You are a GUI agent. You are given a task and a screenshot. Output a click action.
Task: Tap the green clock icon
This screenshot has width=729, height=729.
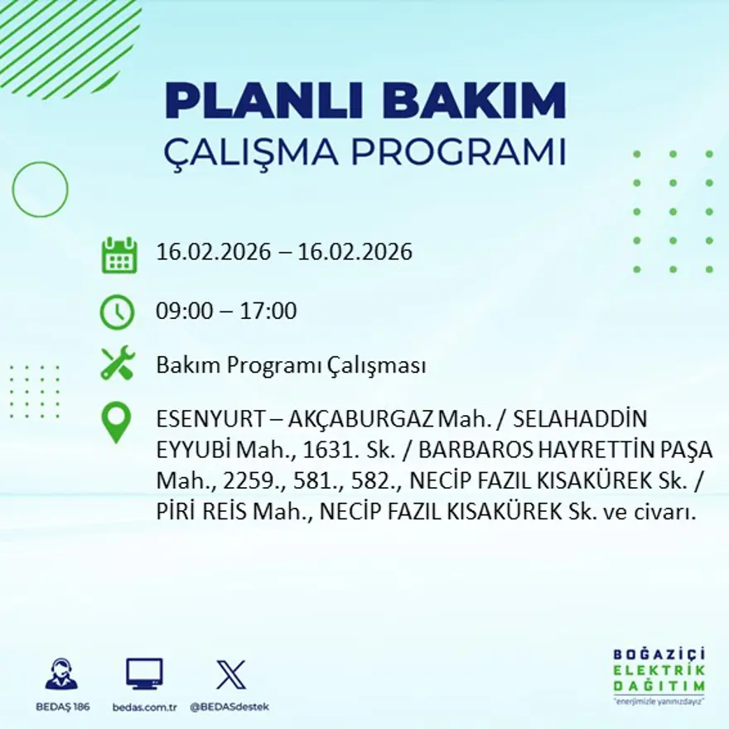tap(117, 312)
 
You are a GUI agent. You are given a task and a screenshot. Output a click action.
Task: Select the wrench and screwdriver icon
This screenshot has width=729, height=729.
tap(117, 364)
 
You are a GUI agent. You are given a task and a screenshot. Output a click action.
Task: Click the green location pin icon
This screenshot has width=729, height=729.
tap(116, 422)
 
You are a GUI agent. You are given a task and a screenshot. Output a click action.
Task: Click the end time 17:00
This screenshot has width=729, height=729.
tap(268, 311)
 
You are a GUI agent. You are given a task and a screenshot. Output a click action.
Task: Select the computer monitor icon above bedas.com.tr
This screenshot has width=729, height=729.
tap(144, 673)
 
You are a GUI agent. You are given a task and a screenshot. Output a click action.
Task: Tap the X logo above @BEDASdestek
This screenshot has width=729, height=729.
tap(230, 673)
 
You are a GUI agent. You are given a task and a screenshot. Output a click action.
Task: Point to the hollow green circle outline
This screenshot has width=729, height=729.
tap(40, 190)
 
